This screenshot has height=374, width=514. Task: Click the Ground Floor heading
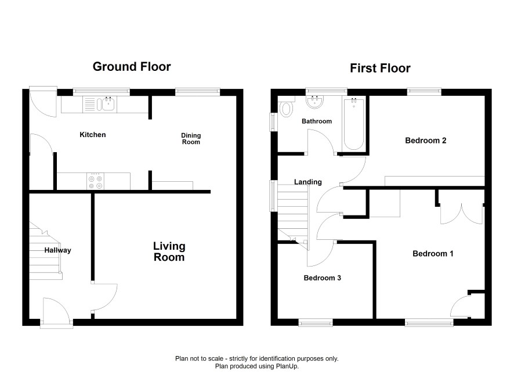coord(132,67)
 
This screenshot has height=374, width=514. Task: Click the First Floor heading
coord(380,69)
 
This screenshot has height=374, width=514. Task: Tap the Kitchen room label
coord(93,135)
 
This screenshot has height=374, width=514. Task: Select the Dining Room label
coord(191,138)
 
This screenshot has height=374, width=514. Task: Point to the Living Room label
coord(169,251)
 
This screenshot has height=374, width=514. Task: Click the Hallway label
coord(57,250)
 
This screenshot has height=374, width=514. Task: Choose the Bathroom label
coord(317,121)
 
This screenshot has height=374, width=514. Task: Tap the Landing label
coord(308,182)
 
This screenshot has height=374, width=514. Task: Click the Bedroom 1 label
coord(433,254)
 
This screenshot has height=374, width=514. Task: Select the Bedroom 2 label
coord(425,141)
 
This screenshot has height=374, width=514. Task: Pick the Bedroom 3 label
coord(322,278)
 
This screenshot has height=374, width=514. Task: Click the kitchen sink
coord(100,104)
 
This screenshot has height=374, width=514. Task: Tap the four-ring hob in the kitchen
coord(95,181)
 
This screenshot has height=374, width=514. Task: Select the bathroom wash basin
coord(315,102)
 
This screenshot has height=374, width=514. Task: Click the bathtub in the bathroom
coord(354,124)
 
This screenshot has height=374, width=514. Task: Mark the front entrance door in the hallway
coord(56,312)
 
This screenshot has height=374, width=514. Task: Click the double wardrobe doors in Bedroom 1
coord(461,213)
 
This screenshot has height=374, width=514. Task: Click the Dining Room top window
coord(197,92)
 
